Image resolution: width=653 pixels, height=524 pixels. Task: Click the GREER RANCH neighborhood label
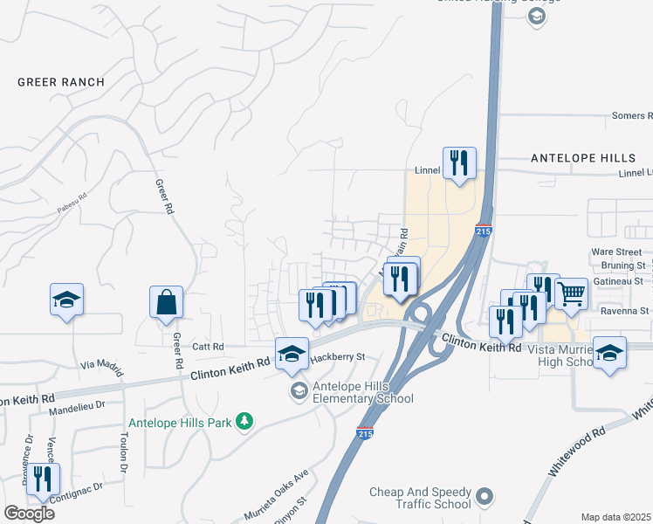(x=61, y=82)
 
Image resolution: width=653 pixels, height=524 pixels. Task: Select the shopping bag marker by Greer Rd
(x=166, y=302)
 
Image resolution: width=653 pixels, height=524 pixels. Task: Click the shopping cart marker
(x=571, y=294)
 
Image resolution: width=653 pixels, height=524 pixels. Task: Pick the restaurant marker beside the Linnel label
(x=459, y=162)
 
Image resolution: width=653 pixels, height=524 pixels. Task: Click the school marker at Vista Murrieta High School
(x=610, y=353)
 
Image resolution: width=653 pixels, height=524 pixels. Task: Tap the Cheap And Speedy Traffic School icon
(x=486, y=500)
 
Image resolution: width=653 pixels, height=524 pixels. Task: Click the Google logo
(x=29, y=514)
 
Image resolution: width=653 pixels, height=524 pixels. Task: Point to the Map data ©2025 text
(x=616, y=517)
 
